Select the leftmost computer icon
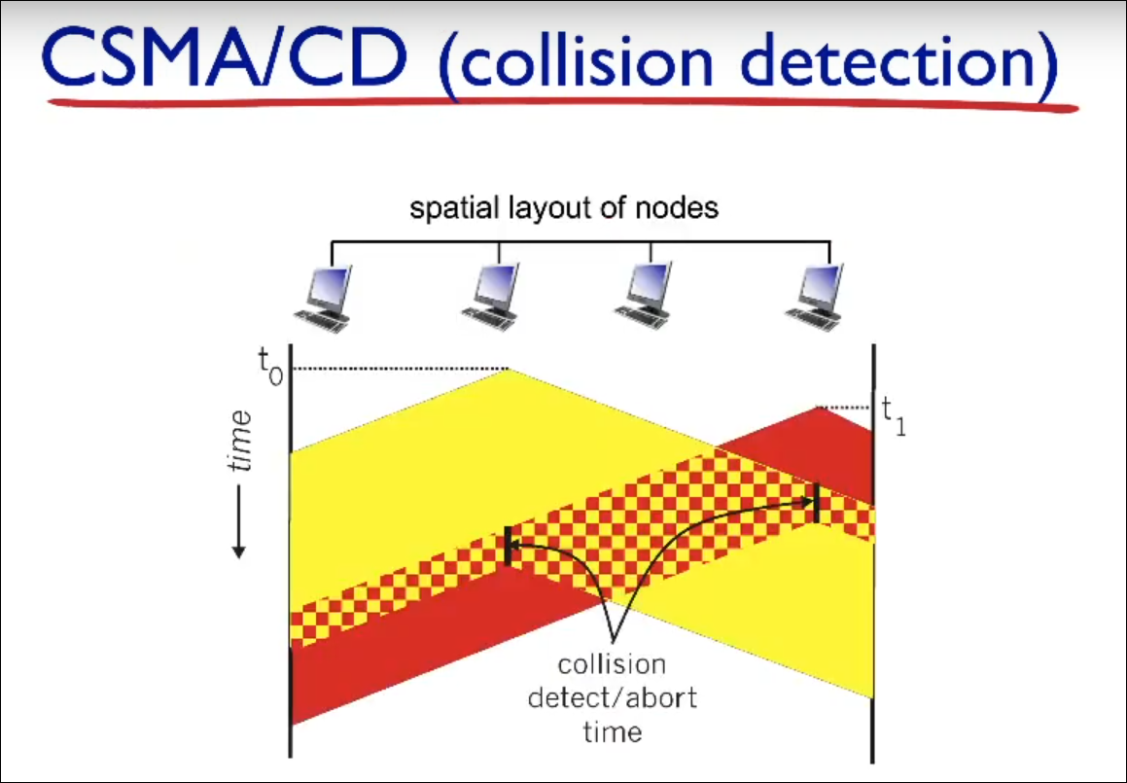coord(324,298)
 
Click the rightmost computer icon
coord(814,297)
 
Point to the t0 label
coord(270,367)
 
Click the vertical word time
coord(240,441)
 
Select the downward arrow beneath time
coord(239,522)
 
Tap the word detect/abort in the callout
coord(613,697)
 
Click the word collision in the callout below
coord(612,663)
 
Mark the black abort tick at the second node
coord(509,547)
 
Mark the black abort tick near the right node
coord(817,503)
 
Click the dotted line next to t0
coord(401,369)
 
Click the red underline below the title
coord(563,103)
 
